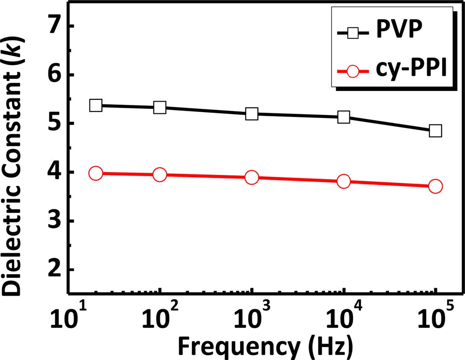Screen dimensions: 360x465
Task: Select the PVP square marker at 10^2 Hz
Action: click(160, 107)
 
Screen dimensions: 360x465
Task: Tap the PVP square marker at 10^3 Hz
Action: click(252, 114)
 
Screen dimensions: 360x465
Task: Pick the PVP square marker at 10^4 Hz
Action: click(344, 117)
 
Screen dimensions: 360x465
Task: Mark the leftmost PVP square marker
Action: click(96, 105)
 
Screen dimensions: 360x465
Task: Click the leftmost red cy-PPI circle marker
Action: click(96, 173)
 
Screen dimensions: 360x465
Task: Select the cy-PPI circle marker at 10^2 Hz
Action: click(160, 175)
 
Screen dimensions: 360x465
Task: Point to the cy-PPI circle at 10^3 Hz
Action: click(252, 178)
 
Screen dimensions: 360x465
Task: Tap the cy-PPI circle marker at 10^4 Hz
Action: click(344, 182)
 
